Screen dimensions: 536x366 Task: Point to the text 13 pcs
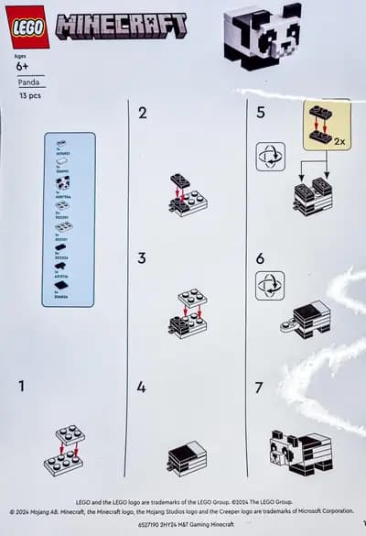pyautogui.click(x=30, y=95)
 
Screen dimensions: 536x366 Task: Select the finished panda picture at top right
pyautogui.click(x=262, y=35)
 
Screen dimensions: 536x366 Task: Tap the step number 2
pyautogui.click(x=142, y=114)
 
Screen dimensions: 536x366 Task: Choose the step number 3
pyautogui.click(x=142, y=258)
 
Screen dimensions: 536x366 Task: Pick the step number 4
pyautogui.click(x=142, y=388)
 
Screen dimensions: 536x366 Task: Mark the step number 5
pyautogui.click(x=260, y=114)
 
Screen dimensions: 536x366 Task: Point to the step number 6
pyautogui.click(x=260, y=258)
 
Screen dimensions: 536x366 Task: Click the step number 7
pyautogui.click(x=260, y=388)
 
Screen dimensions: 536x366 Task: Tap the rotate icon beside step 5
pyautogui.click(x=270, y=156)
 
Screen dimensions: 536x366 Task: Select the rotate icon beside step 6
pyautogui.click(x=270, y=286)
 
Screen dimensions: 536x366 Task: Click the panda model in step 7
pyautogui.click(x=300, y=452)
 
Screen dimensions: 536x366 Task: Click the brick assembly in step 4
pyautogui.click(x=187, y=456)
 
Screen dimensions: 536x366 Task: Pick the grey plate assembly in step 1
pyautogui.click(x=64, y=450)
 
